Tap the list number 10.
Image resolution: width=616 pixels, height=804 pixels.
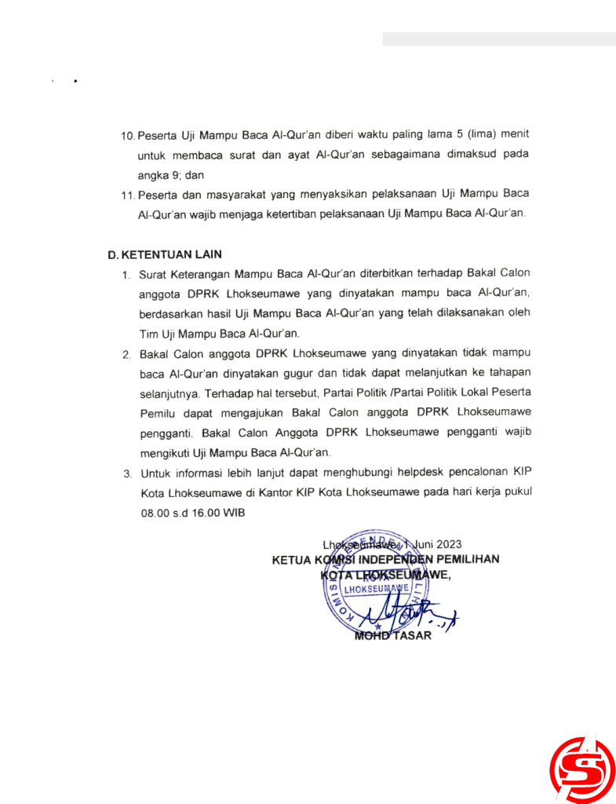tap(128, 137)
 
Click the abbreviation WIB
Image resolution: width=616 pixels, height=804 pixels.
tap(235, 513)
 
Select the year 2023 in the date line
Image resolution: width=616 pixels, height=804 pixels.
tap(447, 543)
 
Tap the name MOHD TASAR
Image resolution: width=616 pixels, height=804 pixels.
tap(393, 635)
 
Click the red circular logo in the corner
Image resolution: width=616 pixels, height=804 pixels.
tap(583, 769)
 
